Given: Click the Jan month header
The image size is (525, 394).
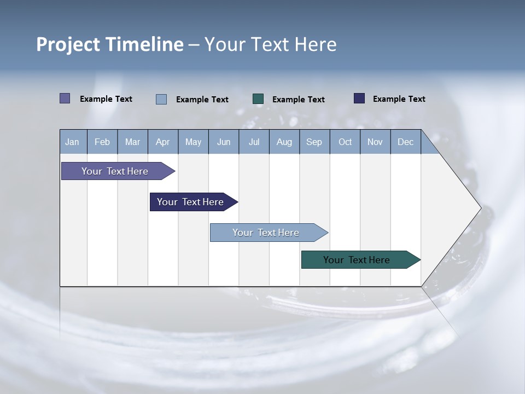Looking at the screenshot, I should (x=72, y=142).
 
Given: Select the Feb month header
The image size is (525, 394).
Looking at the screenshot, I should (x=102, y=142).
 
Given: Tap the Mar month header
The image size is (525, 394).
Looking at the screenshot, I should (x=132, y=142).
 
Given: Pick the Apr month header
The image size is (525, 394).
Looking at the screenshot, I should (x=163, y=142).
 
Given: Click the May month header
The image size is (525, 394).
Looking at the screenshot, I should (x=193, y=142).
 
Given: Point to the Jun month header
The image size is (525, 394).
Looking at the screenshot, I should (x=224, y=142).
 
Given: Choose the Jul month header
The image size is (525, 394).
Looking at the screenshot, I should (x=254, y=142).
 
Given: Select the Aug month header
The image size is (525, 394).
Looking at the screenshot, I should (x=284, y=142).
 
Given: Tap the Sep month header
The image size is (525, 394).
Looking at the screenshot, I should (x=314, y=142).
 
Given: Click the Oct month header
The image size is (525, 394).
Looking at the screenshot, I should (x=345, y=142).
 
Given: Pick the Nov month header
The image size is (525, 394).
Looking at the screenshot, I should (x=375, y=142).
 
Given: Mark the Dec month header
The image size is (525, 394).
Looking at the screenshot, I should (x=406, y=142).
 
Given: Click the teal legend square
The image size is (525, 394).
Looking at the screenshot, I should (x=258, y=99).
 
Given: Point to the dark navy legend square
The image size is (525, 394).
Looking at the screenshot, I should (x=359, y=99).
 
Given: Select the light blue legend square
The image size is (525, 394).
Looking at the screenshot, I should (x=161, y=99).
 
